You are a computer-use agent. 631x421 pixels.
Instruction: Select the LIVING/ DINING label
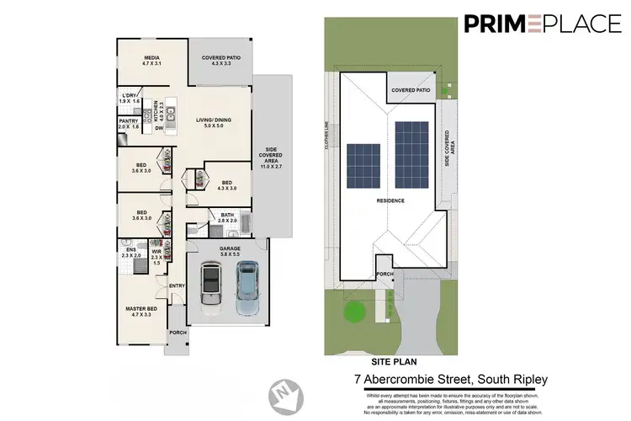(209, 122)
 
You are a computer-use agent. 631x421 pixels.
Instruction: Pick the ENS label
(131, 252)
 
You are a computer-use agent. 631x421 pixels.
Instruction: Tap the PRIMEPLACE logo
(542, 24)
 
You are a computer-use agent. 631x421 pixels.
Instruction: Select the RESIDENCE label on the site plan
(391, 201)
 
